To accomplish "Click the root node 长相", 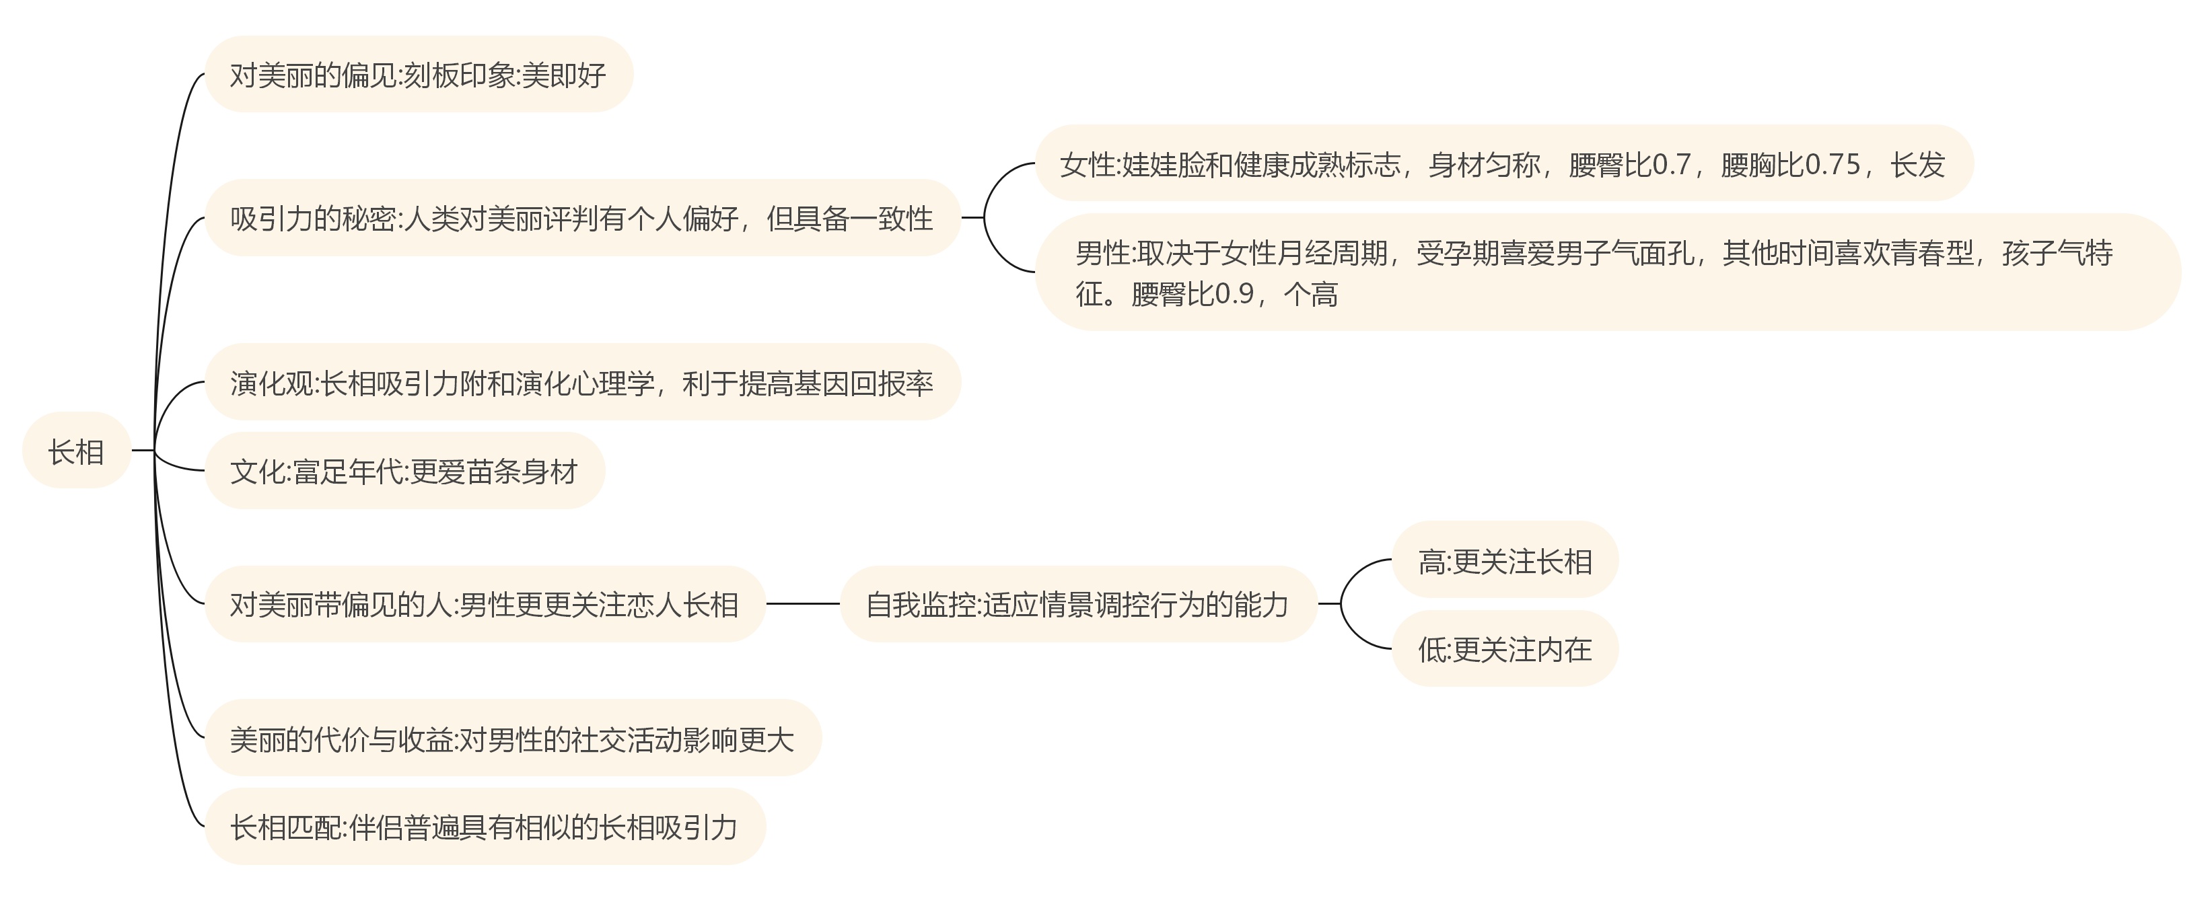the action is coord(76,451).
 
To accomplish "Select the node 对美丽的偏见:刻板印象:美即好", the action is coord(419,75).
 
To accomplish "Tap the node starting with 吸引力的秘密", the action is coord(582,218).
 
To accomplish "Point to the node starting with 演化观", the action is coord(582,383).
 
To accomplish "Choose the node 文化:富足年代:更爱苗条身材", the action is coord(404,472).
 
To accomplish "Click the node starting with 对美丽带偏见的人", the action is coord(485,605).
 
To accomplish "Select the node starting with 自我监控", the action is coord(1077,605).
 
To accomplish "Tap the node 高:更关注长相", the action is coord(1505,561).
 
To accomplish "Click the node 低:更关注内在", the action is coord(1505,649).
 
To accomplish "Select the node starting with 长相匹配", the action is coord(485,827).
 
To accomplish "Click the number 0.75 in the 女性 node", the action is coord(1831,164).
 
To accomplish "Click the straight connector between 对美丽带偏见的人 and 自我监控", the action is coord(803,604).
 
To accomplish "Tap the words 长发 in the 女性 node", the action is coord(1917,164).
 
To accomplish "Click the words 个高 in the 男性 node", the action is coord(1311,295).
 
